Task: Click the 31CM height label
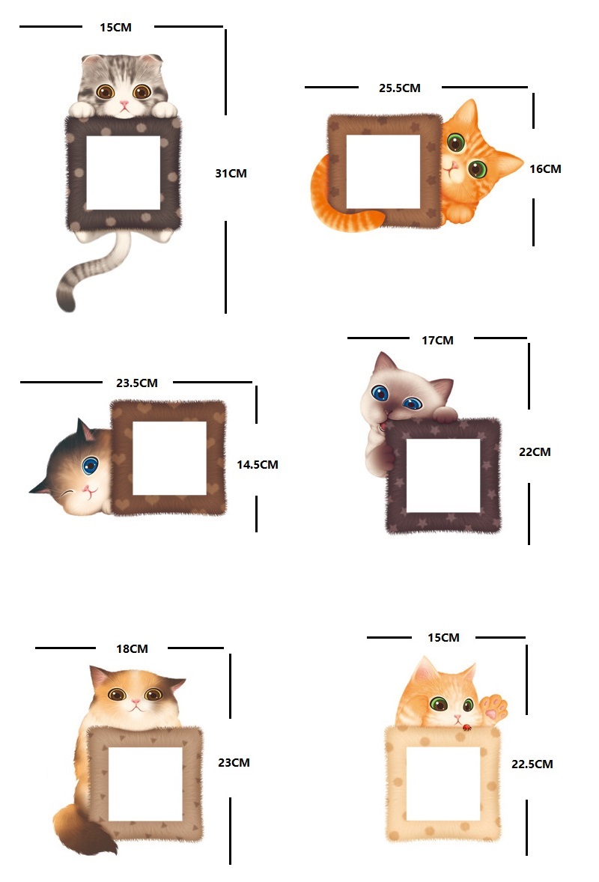(231, 173)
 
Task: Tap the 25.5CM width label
(399, 88)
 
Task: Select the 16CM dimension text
(545, 168)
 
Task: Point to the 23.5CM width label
(137, 383)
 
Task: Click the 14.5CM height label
(257, 465)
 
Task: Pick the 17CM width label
(437, 341)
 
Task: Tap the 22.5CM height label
(532, 764)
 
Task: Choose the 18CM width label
(133, 648)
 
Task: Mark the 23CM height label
(234, 763)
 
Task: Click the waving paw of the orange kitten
(494, 707)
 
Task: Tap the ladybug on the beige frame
(466, 728)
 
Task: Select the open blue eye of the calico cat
(90, 465)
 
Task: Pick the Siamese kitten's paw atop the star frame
(444, 415)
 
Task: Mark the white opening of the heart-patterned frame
(169, 458)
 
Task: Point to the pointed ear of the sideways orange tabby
(510, 162)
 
